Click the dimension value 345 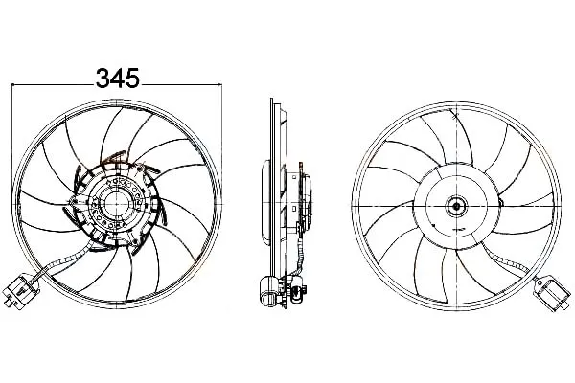tap(118, 79)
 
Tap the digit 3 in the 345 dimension tap(103, 79)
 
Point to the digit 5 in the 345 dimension tap(133, 79)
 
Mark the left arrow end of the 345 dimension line tap(12, 84)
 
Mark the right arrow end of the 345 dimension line tap(222, 84)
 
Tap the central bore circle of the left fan tap(117, 204)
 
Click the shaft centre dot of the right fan tap(456, 206)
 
